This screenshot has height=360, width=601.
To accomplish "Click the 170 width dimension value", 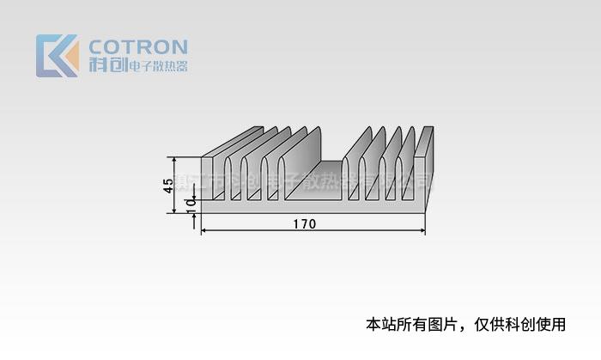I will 304,224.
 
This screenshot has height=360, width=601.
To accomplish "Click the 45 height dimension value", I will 169,186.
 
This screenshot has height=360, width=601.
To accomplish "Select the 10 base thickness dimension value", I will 191,204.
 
